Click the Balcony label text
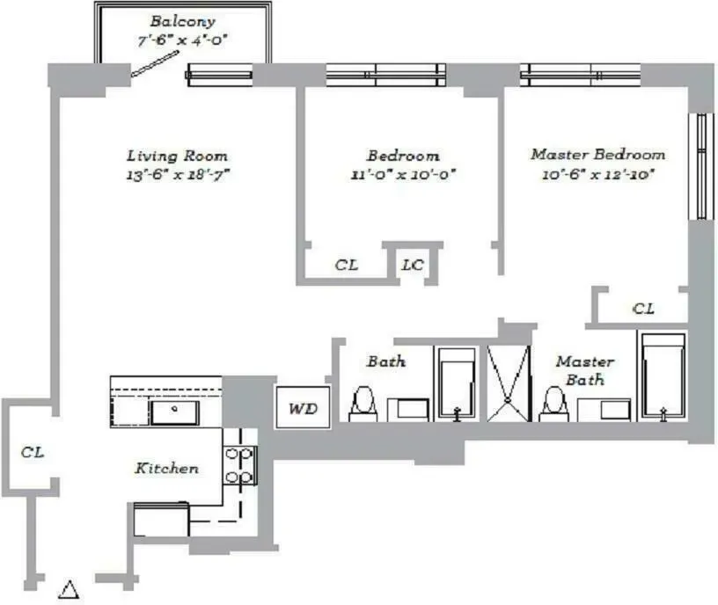(x=182, y=21)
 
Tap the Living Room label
(x=177, y=156)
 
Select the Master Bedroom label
(x=597, y=154)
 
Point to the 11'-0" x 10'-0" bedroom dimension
(x=403, y=173)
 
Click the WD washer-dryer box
(x=297, y=409)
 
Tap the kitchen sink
(x=173, y=410)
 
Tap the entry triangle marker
(x=69, y=590)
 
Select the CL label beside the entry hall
(x=33, y=452)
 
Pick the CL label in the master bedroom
(x=643, y=309)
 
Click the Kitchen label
(x=165, y=469)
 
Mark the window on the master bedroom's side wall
(x=702, y=166)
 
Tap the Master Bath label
(x=583, y=370)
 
